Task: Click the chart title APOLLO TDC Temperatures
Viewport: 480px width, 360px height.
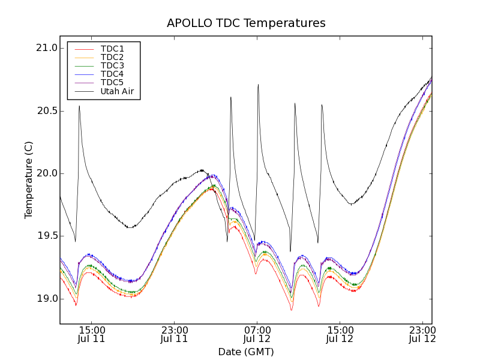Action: point(246,23)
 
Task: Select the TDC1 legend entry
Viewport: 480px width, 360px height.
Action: point(112,49)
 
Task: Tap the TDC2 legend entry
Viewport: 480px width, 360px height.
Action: point(112,57)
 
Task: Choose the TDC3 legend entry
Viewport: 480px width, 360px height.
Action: point(112,65)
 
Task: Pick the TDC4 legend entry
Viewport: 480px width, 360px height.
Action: point(112,74)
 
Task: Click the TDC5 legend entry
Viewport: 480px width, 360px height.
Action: point(112,82)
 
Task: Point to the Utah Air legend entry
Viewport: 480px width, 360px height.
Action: point(116,91)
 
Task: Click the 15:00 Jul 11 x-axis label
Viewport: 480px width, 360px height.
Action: point(92,334)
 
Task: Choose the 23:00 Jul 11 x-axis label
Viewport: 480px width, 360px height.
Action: point(175,334)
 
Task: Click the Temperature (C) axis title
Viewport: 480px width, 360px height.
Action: point(29,180)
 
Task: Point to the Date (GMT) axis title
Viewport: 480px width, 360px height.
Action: point(246,352)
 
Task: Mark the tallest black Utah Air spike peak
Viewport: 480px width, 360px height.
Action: point(258,85)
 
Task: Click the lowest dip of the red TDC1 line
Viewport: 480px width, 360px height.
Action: point(292,310)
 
